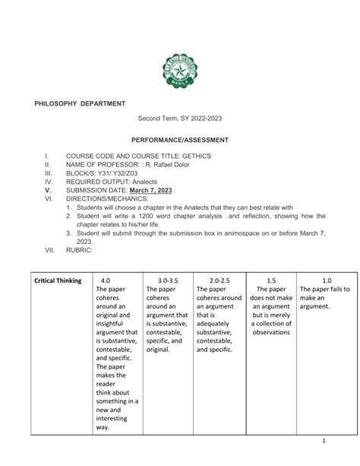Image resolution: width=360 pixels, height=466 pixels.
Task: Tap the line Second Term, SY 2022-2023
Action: pos(180,120)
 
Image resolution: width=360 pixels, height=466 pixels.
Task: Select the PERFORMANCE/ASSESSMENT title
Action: pos(180,141)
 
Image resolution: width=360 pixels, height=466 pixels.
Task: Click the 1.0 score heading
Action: pos(327,281)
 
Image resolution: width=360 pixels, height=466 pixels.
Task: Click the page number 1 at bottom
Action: pos(324,440)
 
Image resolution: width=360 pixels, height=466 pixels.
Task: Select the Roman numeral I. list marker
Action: pos(47,156)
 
